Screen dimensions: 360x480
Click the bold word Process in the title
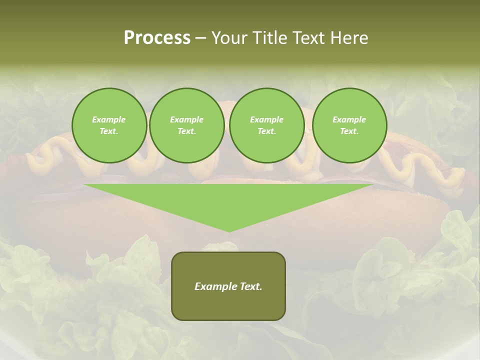(x=157, y=38)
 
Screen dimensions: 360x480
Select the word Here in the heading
(x=348, y=38)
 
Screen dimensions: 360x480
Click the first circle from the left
(x=109, y=125)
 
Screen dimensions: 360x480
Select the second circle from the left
(x=186, y=125)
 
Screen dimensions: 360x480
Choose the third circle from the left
(x=266, y=125)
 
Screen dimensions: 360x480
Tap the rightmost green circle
(x=349, y=125)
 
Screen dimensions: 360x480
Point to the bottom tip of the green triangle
(x=229, y=231)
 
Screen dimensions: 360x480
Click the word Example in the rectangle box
(x=214, y=286)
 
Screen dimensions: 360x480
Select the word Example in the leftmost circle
(x=109, y=120)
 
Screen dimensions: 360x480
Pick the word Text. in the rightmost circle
(x=349, y=131)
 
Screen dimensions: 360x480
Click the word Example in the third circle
(x=266, y=120)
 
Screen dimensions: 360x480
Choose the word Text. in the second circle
(x=186, y=131)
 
